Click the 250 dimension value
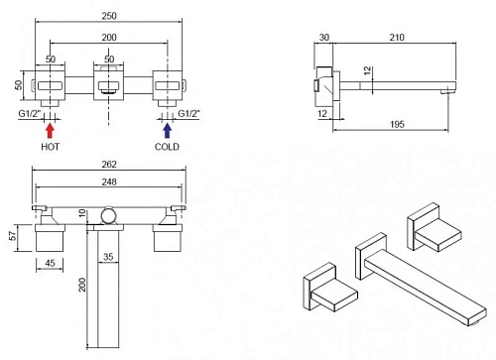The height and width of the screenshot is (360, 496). pyautogui.click(x=109, y=16)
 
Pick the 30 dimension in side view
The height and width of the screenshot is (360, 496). pyautogui.click(x=324, y=38)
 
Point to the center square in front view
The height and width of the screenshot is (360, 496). pyautogui.click(x=108, y=84)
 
